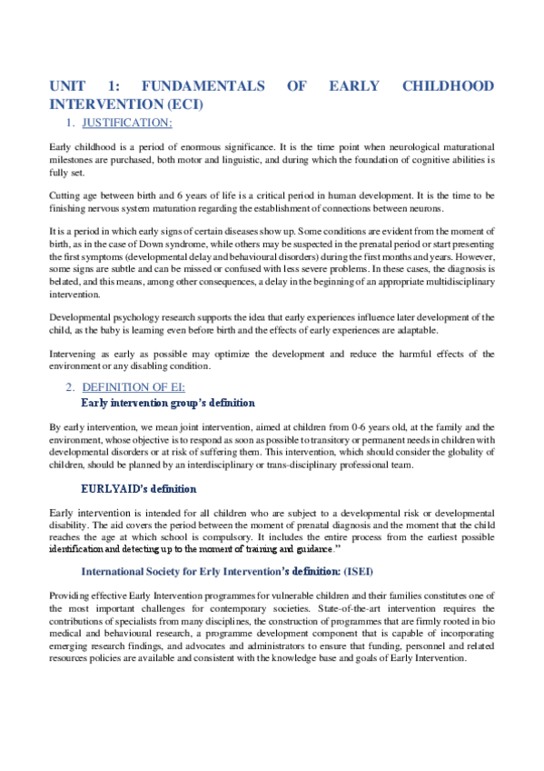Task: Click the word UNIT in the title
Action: [69, 86]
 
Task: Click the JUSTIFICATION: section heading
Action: [127, 123]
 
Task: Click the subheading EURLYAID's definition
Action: [139, 488]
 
